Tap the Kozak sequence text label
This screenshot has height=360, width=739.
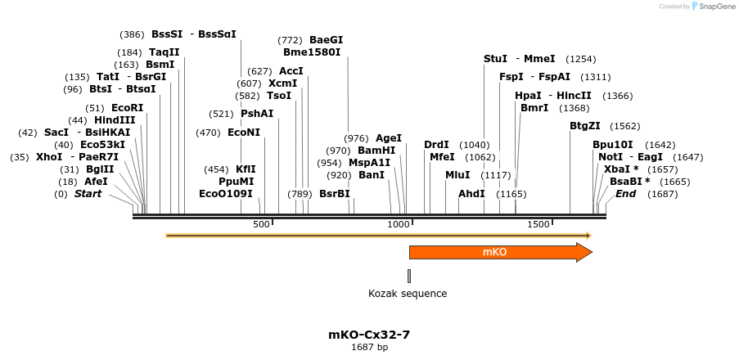[x=408, y=294]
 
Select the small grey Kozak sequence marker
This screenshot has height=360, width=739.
[x=409, y=276]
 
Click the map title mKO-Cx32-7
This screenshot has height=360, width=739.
[x=369, y=335]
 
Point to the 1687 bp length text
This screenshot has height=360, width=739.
[x=369, y=348]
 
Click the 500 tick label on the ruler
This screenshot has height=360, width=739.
[x=261, y=225]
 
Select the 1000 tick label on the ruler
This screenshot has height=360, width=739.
[x=399, y=225]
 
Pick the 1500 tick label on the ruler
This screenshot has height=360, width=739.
[x=538, y=225]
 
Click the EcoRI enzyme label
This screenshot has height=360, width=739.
[x=127, y=108]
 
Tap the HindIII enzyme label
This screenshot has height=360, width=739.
[x=115, y=120]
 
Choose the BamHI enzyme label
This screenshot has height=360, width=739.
[x=376, y=151]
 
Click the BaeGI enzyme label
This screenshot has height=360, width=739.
[x=326, y=40]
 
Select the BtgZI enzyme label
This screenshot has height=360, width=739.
[x=585, y=126]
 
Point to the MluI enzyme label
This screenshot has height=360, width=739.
[x=457, y=175]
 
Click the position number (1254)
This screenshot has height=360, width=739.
[x=581, y=59]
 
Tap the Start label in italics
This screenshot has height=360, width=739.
[x=88, y=194]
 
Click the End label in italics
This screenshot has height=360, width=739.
[x=625, y=194]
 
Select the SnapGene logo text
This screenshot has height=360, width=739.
[x=716, y=7]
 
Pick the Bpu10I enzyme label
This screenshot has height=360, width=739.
[x=613, y=145]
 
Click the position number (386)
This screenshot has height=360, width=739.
[x=132, y=34]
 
